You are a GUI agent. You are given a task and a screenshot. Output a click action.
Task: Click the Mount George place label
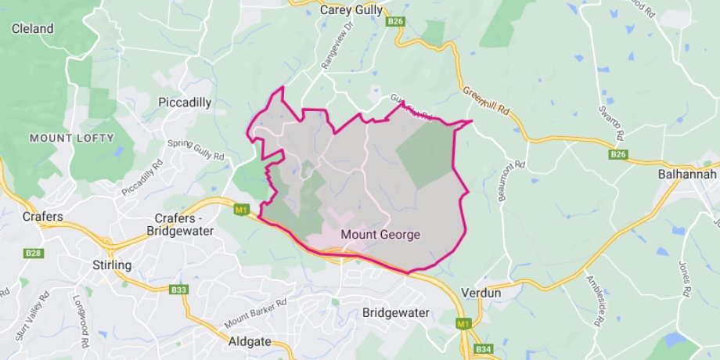click(380, 235)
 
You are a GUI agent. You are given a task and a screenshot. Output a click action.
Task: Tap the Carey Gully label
click(351, 10)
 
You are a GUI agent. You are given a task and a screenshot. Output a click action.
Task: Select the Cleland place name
click(32, 29)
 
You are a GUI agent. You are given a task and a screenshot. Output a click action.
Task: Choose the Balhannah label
click(687, 175)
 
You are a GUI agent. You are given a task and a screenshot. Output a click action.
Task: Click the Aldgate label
click(248, 342)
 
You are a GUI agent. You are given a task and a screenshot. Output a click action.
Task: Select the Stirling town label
click(112, 265)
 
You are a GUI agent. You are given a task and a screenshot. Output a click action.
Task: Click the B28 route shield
click(32, 253)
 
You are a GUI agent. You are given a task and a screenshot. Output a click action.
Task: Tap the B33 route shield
click(178, 290)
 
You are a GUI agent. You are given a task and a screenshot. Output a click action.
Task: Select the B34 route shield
click(484, 349)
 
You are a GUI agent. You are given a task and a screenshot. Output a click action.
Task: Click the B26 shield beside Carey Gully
click(395, 22)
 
